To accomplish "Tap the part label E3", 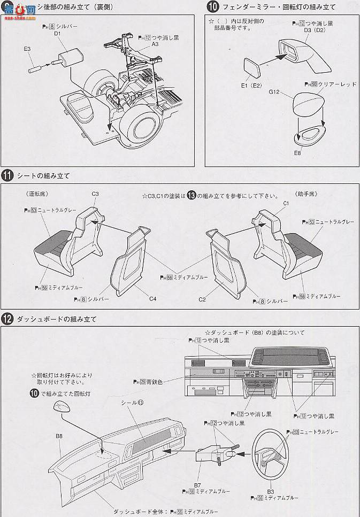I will [27, 49].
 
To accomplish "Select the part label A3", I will [155, 45].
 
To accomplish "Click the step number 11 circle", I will [7, 175].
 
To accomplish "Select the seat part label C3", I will [95, 194].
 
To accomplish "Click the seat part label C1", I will [286, 204].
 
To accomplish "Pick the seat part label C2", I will [202, 300].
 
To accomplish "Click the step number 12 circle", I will [7, 319].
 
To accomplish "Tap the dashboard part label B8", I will [59, 436].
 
